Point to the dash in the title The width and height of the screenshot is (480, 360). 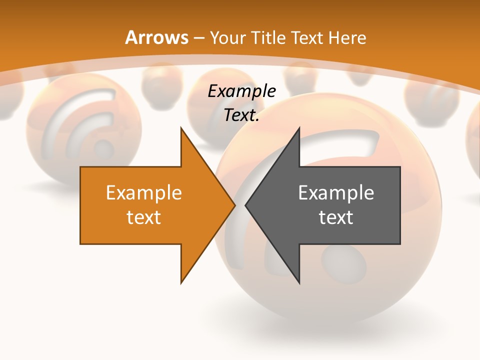click(199, 38)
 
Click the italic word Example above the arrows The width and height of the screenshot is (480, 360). click(241, 91)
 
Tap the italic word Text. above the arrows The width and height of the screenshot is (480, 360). click(241, 115)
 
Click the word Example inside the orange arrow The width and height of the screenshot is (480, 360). click(144, 193)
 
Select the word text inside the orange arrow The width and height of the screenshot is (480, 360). click(144, 217)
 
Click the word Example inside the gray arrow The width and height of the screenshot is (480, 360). click(336, 193)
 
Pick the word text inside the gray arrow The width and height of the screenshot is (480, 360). click(336, 217)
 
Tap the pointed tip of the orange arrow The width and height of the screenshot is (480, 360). click(234, 205)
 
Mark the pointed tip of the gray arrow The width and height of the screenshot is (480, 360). click(246, 205)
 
